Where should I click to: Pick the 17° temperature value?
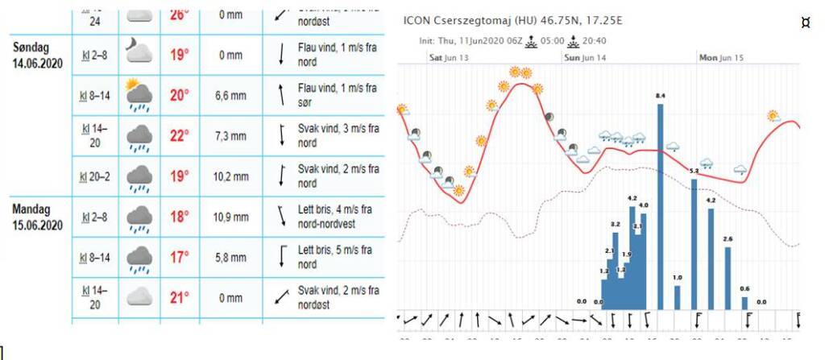(x=180, y=257)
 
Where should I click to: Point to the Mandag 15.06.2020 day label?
(x=37, y=217)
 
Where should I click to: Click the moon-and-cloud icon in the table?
(x=139, y=53)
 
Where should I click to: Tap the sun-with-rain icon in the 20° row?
(x=139, y=95)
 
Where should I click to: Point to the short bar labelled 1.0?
(x=678, y=297)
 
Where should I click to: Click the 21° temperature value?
(x=180, y=297)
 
